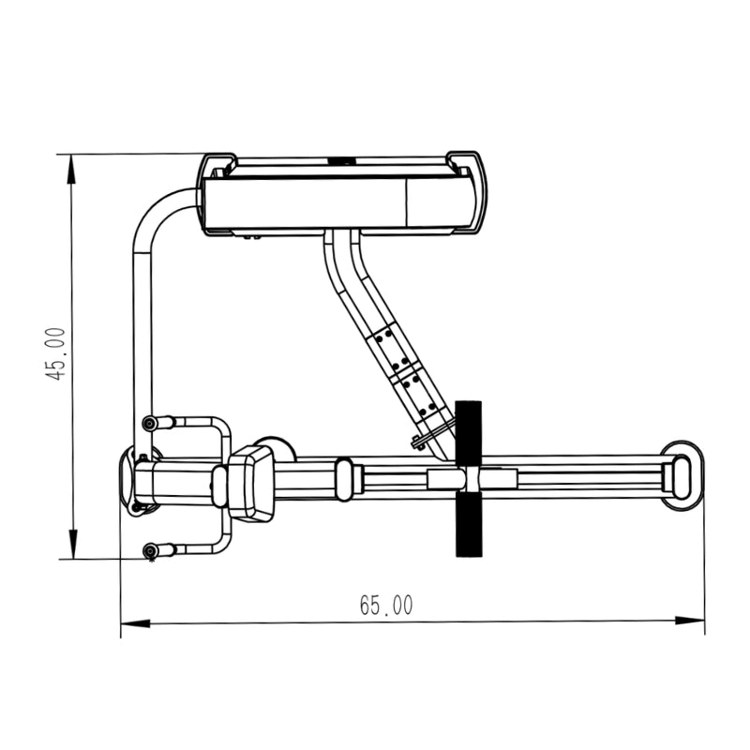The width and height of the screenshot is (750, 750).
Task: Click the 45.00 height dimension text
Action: (55, 354)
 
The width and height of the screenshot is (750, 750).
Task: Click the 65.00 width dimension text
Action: (386, 605)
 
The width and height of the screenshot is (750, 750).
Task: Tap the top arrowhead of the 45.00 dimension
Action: (72, 169)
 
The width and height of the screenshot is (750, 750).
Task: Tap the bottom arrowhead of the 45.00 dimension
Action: (73, 544)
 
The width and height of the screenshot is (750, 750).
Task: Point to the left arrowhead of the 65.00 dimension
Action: (135, 623)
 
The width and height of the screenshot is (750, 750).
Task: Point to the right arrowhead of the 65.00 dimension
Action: (690, 621)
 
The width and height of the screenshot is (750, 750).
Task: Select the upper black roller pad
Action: (468, 433)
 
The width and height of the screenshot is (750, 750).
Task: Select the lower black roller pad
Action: (468, 524)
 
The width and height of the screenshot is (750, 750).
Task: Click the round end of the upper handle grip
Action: (150, 423)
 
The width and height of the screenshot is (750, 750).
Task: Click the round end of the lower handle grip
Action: (151, 550)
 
